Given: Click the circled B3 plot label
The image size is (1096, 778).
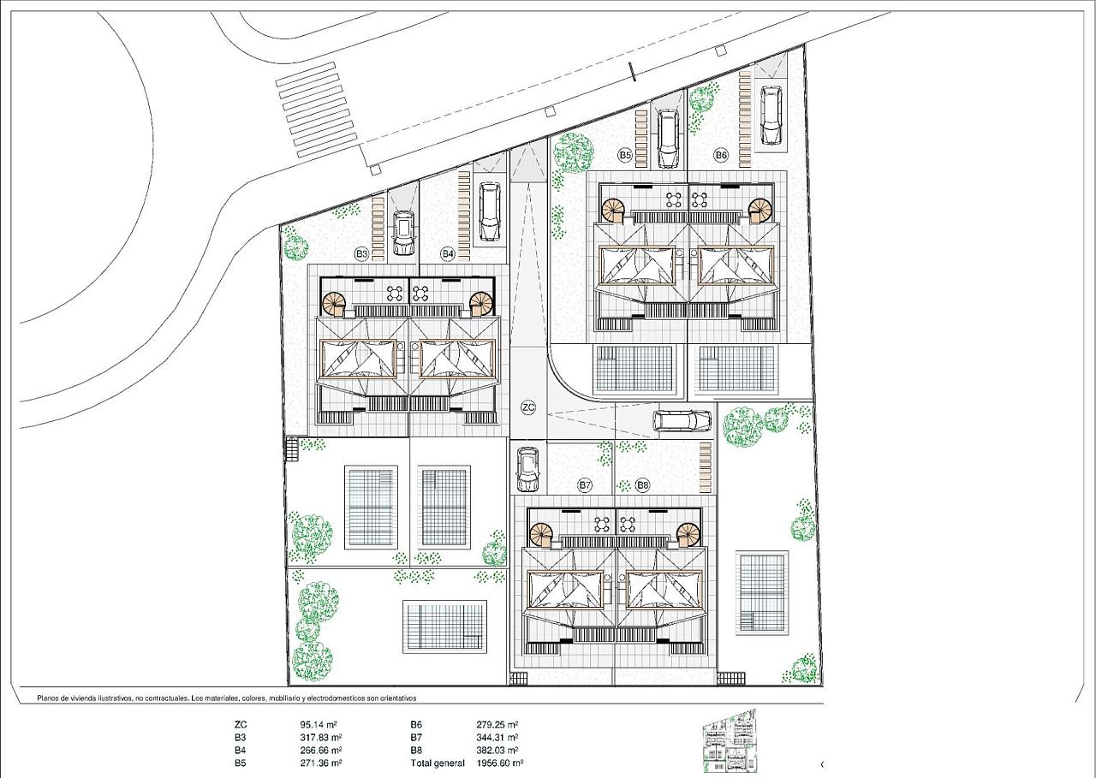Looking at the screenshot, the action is click(361, 254).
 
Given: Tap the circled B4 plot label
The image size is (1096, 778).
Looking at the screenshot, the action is click(448, 254).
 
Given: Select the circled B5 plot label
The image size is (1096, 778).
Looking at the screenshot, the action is click(625, 156).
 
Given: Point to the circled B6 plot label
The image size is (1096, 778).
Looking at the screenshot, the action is click(721, 156).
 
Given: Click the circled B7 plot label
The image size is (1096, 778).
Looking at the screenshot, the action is click(585, 485).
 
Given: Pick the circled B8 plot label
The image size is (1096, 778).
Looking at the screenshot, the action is click(642, 485).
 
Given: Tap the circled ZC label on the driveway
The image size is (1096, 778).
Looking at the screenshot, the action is click(528, 407).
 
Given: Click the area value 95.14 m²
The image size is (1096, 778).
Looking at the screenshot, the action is click(319, 725).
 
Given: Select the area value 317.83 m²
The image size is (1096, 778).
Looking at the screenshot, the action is click(320, 738).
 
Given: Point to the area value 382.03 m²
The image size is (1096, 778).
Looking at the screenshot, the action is click(497, 750).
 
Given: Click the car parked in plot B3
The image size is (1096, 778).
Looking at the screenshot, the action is click(403, 233).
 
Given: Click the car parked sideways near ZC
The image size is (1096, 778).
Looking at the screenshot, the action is click(682, 420).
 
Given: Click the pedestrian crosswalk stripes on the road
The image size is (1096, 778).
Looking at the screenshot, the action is click(317, 110).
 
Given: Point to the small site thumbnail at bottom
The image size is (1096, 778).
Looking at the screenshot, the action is click(730, 741).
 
